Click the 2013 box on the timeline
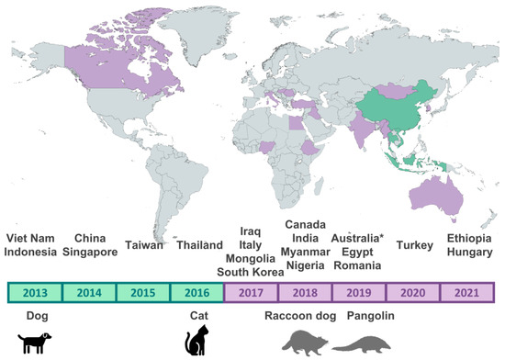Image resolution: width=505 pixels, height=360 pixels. point(35,292)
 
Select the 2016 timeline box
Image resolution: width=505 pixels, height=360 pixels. point(196,292)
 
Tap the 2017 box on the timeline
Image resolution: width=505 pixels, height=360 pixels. point(251,292)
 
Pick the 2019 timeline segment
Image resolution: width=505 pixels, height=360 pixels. point(359,292)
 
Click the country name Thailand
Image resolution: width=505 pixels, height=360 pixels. point(200,246)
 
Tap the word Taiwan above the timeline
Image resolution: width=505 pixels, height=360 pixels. point(142,246)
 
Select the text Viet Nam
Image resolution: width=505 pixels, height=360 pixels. point(30,239)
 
